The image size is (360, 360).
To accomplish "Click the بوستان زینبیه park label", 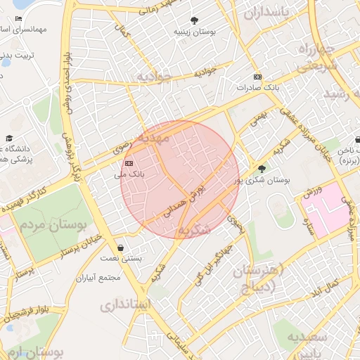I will point(195,32).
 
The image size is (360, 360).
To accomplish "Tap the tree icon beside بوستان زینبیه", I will point(195,21).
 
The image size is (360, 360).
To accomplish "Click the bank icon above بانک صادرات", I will point(258,77).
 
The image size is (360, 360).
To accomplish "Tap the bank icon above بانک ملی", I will point(128,162).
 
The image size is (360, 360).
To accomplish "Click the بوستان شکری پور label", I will point(264,180).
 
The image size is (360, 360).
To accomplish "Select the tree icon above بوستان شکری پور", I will point(262,169).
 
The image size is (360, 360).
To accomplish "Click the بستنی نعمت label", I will point(124,259).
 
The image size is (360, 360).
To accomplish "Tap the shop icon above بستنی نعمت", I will point(122,248).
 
